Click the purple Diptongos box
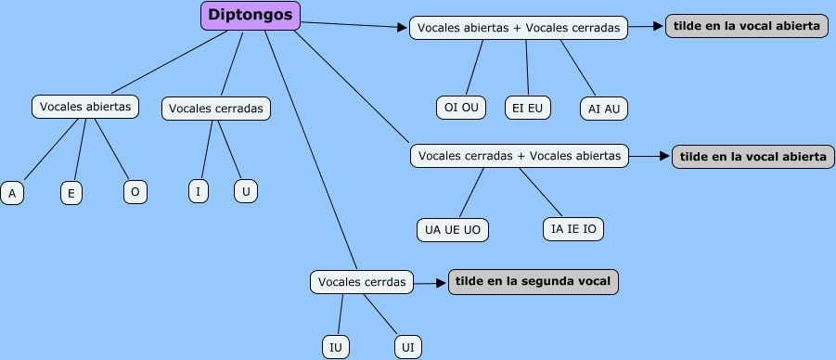click(250, 16)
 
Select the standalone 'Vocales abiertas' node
click(85, 107)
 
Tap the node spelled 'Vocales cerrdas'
click(362, 282)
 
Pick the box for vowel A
click(12, 193)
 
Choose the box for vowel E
click(71, 193)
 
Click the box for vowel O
click(135, 192)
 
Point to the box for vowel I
click(199, 191)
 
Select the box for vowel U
click(246, 191)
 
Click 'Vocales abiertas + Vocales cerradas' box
click(519, 28)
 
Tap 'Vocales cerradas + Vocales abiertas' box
click(520, 156)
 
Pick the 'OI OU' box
click(461, 108)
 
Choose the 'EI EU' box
click(527, 108)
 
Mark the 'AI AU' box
click(604, 109)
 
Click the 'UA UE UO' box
click(453, 230)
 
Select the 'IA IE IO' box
click(573, 229)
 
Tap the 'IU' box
click(336, 347)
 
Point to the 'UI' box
click(408, 347)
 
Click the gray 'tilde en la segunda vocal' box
click(534, 282)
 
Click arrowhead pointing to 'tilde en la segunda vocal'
click(441, 283)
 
